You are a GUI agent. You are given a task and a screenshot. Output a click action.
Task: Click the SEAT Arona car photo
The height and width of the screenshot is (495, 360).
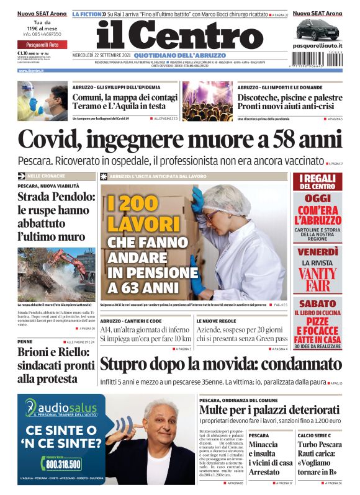(317, 29)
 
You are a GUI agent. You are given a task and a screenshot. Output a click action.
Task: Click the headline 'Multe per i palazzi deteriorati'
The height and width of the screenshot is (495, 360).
(270, 410)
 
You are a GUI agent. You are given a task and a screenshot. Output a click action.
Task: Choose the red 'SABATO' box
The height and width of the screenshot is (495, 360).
(317, 304)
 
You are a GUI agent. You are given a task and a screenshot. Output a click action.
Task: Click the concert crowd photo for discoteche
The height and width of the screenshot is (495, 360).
(207, 100)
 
